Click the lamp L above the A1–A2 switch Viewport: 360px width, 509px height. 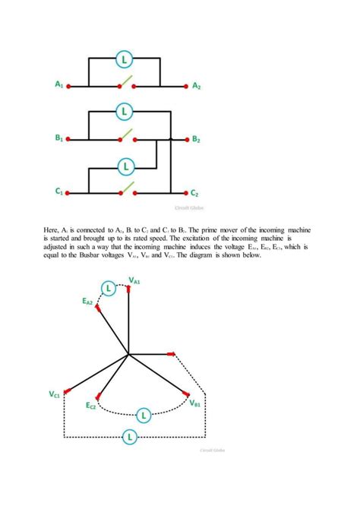[126, 58]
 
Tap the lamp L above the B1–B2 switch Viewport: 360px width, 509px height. [126, 112]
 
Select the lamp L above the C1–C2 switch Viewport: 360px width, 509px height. [126, 165]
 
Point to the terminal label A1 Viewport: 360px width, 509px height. [59, 87]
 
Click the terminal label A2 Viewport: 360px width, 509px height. [197, 87]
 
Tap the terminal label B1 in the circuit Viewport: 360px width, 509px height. [59, 140]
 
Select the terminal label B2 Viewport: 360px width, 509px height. [197, 140]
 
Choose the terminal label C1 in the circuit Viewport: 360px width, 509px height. [59, 194]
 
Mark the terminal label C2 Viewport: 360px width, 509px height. [195, 194]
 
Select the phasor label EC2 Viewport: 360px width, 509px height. [91, 406]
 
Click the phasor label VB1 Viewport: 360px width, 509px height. [196, 402]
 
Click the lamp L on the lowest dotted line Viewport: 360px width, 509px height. [130, 436]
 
